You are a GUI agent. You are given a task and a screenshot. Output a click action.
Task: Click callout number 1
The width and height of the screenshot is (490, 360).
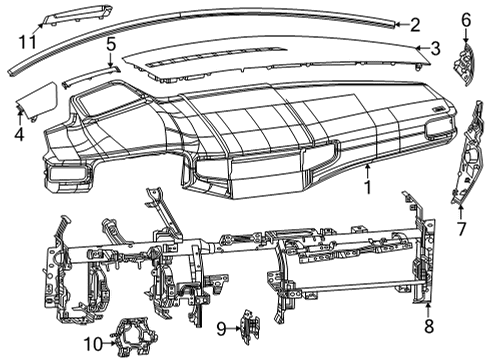[368, 186]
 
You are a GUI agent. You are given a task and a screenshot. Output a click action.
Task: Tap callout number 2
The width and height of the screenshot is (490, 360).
[414, 24]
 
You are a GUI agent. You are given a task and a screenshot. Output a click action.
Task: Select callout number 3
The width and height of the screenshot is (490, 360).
[435, 47]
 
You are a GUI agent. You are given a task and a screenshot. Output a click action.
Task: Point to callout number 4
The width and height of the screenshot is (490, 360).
[19, 132]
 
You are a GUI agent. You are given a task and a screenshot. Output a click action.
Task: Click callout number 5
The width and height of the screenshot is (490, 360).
[111, 44]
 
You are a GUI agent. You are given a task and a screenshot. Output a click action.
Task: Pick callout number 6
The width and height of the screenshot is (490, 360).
[466, 19]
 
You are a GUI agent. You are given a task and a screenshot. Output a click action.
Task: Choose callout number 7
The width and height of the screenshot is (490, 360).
[461, 228]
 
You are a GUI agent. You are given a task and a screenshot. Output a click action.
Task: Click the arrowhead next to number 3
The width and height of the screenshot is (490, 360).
[418, 47]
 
